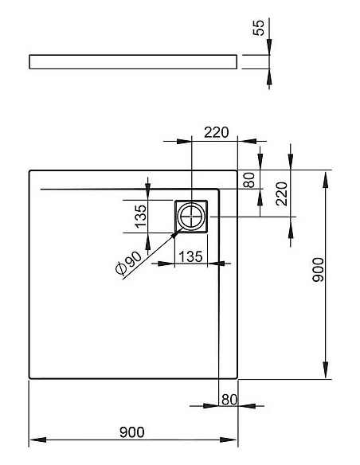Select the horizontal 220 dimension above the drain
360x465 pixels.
[216, 132]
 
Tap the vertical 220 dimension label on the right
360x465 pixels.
[281, 194]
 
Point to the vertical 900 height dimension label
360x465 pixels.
[319, 270]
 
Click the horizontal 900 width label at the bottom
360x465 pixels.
[132, 432]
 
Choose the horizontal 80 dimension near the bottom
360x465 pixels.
[229, 400]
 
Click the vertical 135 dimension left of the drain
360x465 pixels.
[140, 217]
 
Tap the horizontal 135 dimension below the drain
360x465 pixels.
[190, 256]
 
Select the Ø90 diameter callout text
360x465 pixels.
[129, 263]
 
